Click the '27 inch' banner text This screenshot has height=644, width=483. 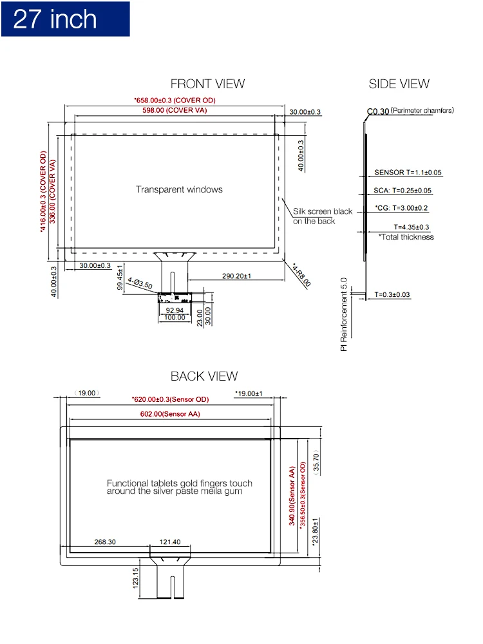55,19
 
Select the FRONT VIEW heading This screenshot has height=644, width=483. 207,84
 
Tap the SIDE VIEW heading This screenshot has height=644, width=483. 399,84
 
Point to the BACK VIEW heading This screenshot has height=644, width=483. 204,376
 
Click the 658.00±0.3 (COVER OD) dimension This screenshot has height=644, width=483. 175,100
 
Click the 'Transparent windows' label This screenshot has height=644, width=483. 179,189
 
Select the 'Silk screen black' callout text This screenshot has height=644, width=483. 323,211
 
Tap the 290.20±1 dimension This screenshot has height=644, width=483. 236,276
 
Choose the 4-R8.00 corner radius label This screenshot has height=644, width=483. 301,274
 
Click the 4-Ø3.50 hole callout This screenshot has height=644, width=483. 139,283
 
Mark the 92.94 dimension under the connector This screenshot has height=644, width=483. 175,310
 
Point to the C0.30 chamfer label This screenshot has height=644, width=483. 378,111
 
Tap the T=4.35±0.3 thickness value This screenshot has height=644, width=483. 412,227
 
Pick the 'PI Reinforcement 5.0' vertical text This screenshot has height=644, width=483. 344,314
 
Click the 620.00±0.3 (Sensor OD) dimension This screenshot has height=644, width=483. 170,399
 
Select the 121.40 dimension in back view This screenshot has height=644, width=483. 169,542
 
